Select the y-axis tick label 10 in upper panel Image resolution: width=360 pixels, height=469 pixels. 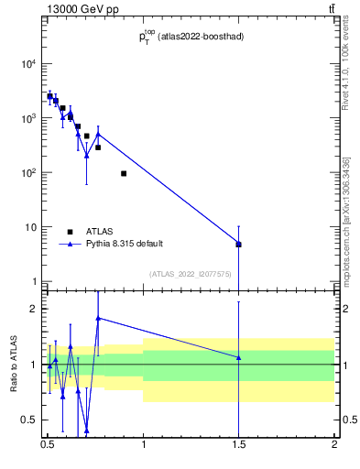coord(31,227)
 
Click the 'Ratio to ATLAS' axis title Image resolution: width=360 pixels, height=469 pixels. coord(14,364)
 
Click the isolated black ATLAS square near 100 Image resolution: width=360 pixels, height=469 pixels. coord(124,173)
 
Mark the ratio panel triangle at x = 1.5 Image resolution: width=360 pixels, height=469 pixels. coord(238,357)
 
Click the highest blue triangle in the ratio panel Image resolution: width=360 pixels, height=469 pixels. coord(98,318)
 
